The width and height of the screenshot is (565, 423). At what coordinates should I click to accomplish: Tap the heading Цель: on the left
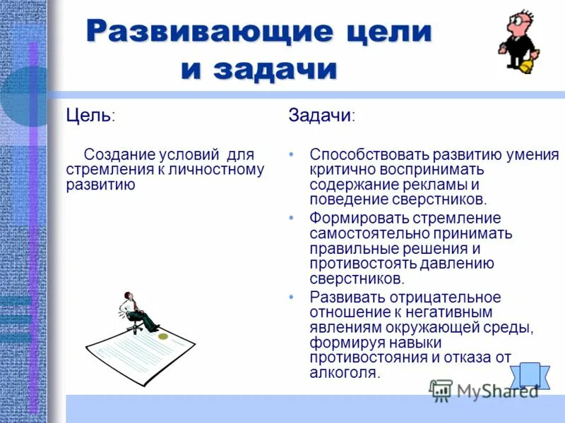click(x=90, y=115)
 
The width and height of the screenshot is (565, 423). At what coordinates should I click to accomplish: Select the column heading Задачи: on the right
click(x=321, y=116)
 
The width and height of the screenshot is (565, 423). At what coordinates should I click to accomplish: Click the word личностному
click(x=219, y=170)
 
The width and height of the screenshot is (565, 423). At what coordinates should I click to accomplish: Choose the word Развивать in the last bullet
click(x=343, y=297)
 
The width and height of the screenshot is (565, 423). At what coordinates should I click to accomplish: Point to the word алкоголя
click(x=344, y=374)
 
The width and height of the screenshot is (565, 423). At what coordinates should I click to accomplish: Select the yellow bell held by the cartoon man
click(x=526, y=66)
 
